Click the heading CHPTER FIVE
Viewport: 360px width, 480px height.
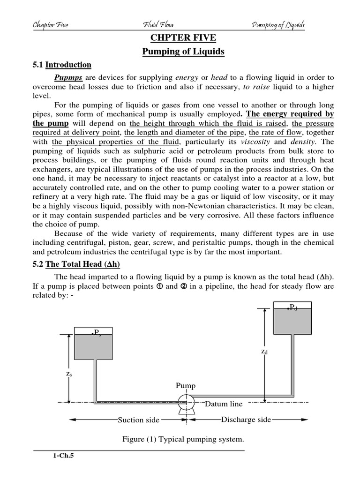tap(183, 38)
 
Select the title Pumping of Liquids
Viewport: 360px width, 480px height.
tap(183, 52)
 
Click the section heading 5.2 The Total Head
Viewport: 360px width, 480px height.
tap(76, 264)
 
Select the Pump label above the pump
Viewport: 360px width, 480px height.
tap(186, 386)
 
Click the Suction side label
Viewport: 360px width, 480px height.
tap(138, 420)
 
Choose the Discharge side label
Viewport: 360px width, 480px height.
tap(246, 420)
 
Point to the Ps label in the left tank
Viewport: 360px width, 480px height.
tap(97, 333)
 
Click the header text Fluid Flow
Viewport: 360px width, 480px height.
tap(157, 25)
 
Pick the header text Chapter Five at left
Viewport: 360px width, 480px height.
tap(50, 25)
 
